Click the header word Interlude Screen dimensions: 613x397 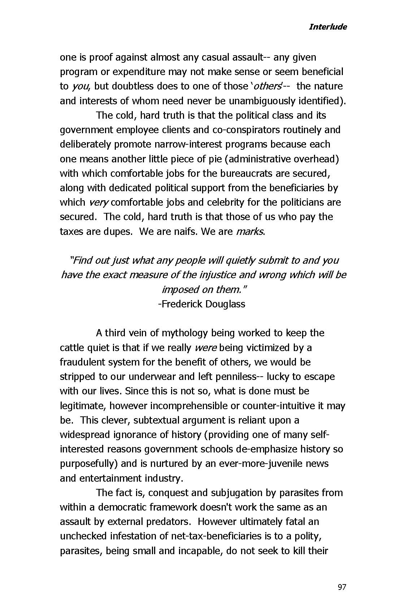click(328, 27)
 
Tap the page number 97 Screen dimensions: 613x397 click(341, 587)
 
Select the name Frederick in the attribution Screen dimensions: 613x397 click(182, 304)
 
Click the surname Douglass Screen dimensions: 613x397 click(225, 304)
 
